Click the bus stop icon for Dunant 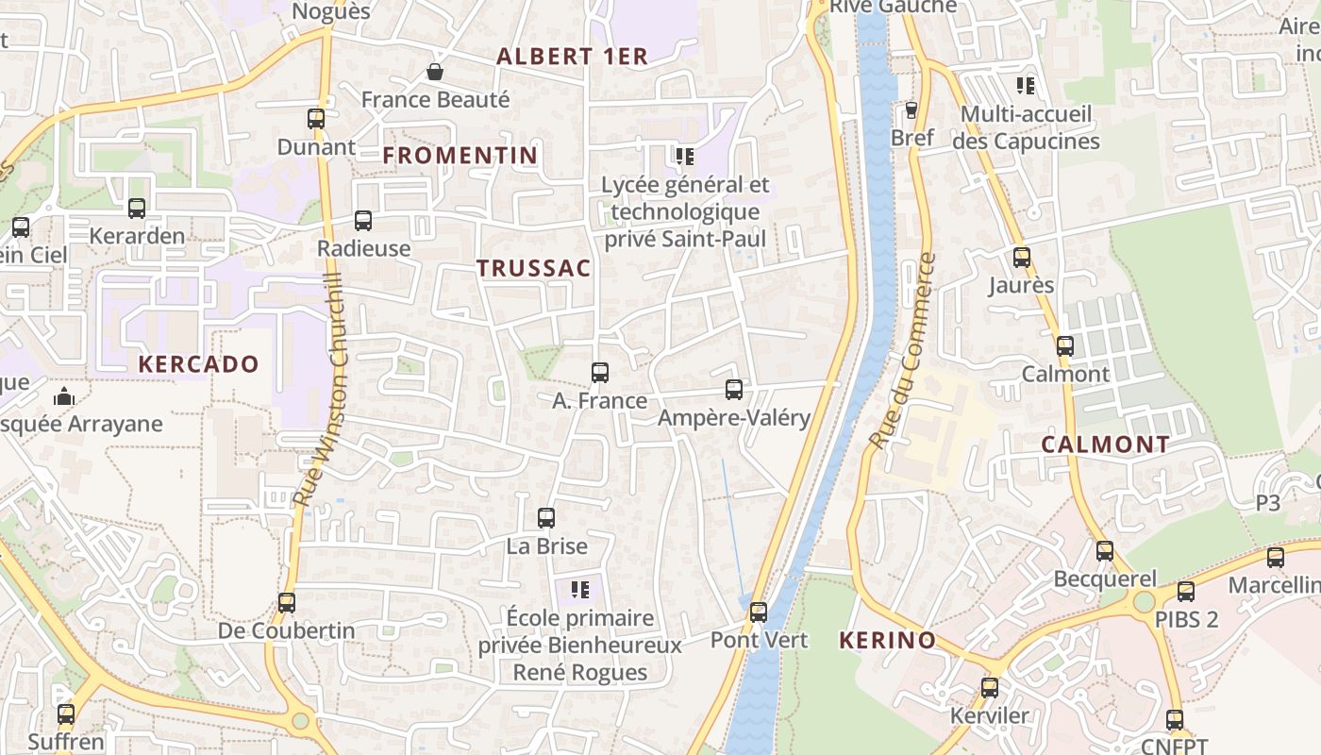tap(316, 119)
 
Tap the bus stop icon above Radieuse tap(363, 221)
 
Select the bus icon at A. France tap(600, 373)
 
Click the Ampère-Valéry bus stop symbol tap(734, 390)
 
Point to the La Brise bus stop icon tap(546, 518)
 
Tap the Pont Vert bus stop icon tap(759, 612)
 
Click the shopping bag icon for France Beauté tap(435, 72)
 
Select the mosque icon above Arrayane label tap(64, 397)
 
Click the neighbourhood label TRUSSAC tap(534, 268)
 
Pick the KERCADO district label tap(198, 364)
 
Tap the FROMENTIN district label tap(460, 156)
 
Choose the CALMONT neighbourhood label tap(1106, 445)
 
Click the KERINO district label tap(888, 641)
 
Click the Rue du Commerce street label tap(902, 351)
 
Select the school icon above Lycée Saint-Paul tap(684, 156)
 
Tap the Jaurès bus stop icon tap(1022, 258)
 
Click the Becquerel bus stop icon tap(1105, 551)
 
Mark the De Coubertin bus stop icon tap(287, 603)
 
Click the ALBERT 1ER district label tap(573, 57)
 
